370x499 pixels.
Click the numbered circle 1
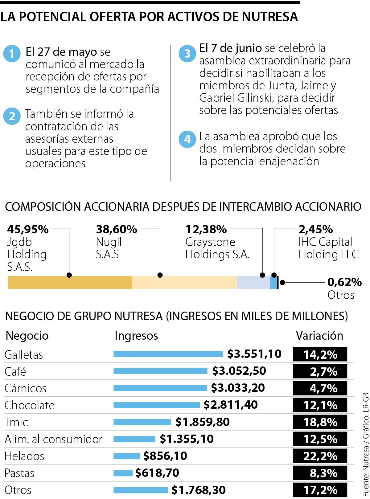coord(12,54)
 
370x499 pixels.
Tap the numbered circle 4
coord(187,139)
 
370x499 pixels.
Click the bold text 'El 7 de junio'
coord(230,48)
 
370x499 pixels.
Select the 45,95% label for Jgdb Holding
coord(28,229)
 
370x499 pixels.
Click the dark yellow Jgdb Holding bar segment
coord(70,282)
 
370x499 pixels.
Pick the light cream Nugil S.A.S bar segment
coord(184,282)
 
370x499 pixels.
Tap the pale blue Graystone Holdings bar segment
coord(253,282)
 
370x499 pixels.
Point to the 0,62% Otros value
coord(344,282)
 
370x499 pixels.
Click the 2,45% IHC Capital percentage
coord(315,229)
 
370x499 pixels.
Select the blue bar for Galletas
coord(168,354)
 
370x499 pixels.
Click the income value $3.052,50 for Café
coord(239,371)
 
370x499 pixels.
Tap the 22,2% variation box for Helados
coord(320,456)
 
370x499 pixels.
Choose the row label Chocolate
coord(30,405)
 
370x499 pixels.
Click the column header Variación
coord(319,336)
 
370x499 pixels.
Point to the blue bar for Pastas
coord(123,473)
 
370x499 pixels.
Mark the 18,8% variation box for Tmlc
coord(320,422)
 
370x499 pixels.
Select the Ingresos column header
coord(136,336)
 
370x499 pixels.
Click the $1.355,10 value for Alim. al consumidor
coord(187,439)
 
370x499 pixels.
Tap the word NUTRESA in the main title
coord(269,17)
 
